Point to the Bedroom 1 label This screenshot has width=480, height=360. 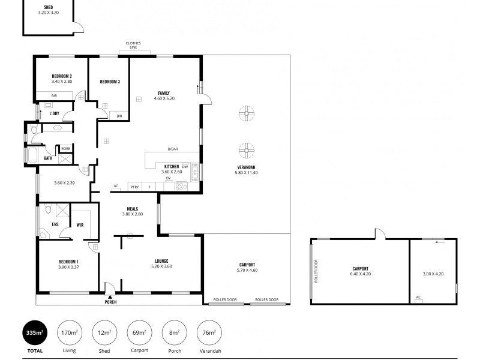pyautogui.click(x=68, y=262)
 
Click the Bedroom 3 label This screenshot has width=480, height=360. pyautogui.click(x=110, y=82)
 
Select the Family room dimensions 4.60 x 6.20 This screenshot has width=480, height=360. pyautogui.click(x=164, y=98)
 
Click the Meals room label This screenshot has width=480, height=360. pyautogui.click(x=132, y=209)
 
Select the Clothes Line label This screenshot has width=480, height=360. pyautogui.click(x=133, y=45)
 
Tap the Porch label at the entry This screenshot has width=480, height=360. pyautogui.click(x=110, y=302)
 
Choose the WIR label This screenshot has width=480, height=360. pyautogui.click(x=80, y=225)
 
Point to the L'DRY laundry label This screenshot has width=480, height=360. pyautogui.click(x=54, y=113)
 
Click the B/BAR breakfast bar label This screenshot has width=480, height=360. pyautogui.click(x=173, y=149)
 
